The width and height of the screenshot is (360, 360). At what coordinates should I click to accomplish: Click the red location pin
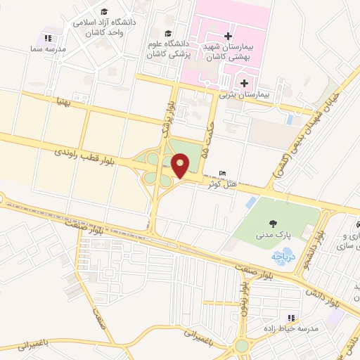click(181, 166)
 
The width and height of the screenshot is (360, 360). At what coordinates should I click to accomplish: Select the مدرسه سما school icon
click(47, 39)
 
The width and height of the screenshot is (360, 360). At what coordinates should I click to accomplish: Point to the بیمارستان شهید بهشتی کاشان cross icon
click(227, 36)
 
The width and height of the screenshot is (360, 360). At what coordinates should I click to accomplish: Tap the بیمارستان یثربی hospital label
click(244, 93)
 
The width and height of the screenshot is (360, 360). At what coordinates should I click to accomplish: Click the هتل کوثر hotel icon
click(223, 174)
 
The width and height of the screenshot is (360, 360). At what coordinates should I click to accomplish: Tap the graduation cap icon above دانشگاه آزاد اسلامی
click(104, 12)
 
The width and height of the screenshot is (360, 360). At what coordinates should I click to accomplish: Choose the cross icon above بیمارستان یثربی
click(244, 84)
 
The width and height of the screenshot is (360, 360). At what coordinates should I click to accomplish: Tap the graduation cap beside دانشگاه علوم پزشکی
click(167, 34)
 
